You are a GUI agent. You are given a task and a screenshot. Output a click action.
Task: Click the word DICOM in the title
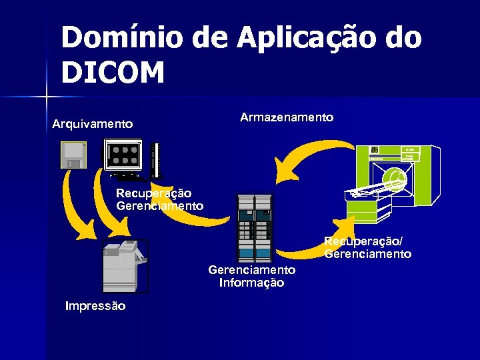pyautogui.click(x=113, y=72)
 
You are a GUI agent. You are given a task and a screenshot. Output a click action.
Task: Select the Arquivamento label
pyautogui.click(x=93, y=124)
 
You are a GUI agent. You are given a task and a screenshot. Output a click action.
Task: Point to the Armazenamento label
pyautogui.click(x=287, y=117)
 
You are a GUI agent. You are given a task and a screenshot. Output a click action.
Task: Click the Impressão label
pyautogui.click(x=95, y=306)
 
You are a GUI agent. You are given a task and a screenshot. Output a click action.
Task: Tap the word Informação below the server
pyautogui.click(x=251, y=283)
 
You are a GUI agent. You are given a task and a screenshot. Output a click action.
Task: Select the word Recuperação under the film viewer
pyautogui.click(x=153, y=193)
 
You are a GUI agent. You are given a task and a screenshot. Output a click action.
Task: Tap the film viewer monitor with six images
pyautogui.click(x=123, y=157)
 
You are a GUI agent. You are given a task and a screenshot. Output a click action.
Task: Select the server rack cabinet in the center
pyautogui.click(x=254, y=227)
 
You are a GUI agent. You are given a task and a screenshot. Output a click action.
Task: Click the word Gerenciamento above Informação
pyautogui.click(x=251, y=270)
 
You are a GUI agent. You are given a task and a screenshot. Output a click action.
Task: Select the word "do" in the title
pyautogui.click(x=404, y=38)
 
